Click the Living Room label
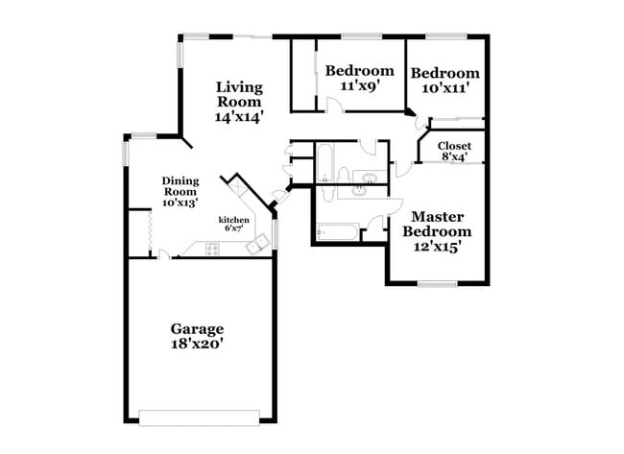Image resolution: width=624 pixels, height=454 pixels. [x=239, y=93]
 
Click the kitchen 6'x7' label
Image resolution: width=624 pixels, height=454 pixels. [x=234, y=225]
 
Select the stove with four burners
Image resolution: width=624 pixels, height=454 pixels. [x=211, y=250]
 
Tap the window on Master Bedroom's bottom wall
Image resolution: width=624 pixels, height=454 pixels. [x=437, y=282]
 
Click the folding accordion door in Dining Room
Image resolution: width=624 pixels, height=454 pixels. [x=149, y=232]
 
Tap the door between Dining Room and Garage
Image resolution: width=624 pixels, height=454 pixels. [x=165, y=254]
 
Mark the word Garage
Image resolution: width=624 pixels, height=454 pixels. [x=197, y=327]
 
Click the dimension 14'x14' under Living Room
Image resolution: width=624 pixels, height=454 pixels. [x=239, y=116]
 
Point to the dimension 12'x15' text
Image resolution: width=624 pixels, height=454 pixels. [x=437, y=246]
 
